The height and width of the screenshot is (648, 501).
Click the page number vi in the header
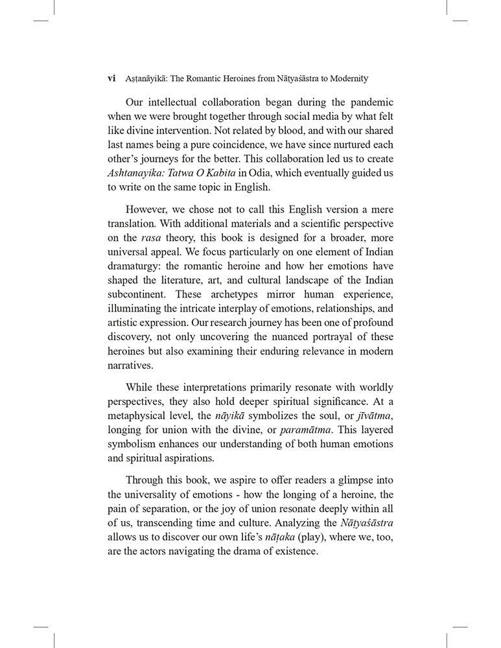(111, 78)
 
